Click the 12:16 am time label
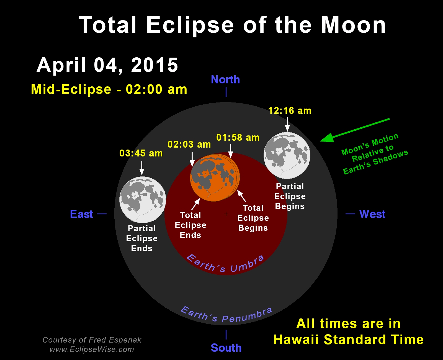tap(290, 110)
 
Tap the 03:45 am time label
tap(141, 153)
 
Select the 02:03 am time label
tap(189, 144)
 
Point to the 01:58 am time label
tap(238, 137)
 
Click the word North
tap(225, 79)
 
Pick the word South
tap(226, 348)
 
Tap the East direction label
tap(81, 214)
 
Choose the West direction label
tap(372, 214)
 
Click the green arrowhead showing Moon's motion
tap(327, 138)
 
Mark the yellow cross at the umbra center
tap(226, 214)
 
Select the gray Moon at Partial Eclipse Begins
tap(287, 155)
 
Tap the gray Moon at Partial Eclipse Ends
tap(143, 200)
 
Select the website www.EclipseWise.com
tap(92, 349)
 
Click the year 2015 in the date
tap(154, 65)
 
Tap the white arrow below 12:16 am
tap(287, 124)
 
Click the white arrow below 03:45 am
tap(142, 168)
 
